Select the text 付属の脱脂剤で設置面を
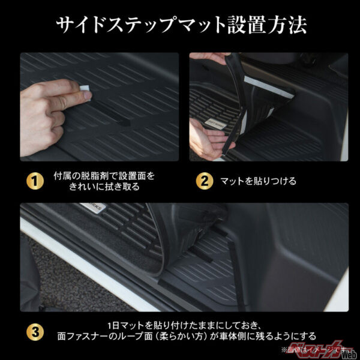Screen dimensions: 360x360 104,175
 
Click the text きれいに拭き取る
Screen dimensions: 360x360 104,187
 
